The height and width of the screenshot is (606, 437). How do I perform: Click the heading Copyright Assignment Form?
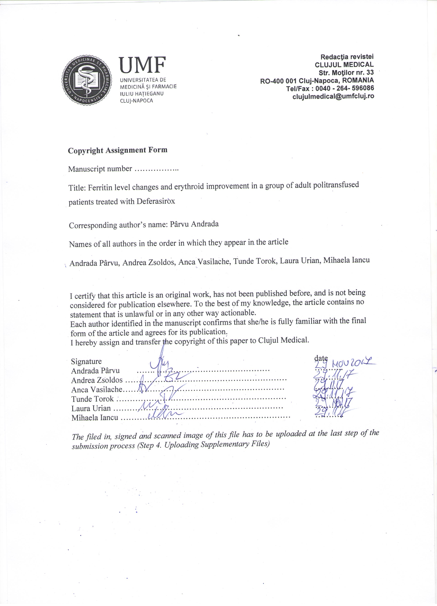click(118, 150)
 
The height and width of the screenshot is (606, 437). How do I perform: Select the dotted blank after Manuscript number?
click(156, 169)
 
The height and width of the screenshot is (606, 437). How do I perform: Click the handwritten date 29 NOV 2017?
click(345, 363)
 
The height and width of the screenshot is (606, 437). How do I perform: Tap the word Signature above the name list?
click(86, 361)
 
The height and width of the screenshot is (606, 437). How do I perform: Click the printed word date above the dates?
click(321, 358)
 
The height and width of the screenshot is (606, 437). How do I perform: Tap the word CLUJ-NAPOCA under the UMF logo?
click(137, 101)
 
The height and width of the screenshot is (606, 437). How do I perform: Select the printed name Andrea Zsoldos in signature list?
click(97, 380)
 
